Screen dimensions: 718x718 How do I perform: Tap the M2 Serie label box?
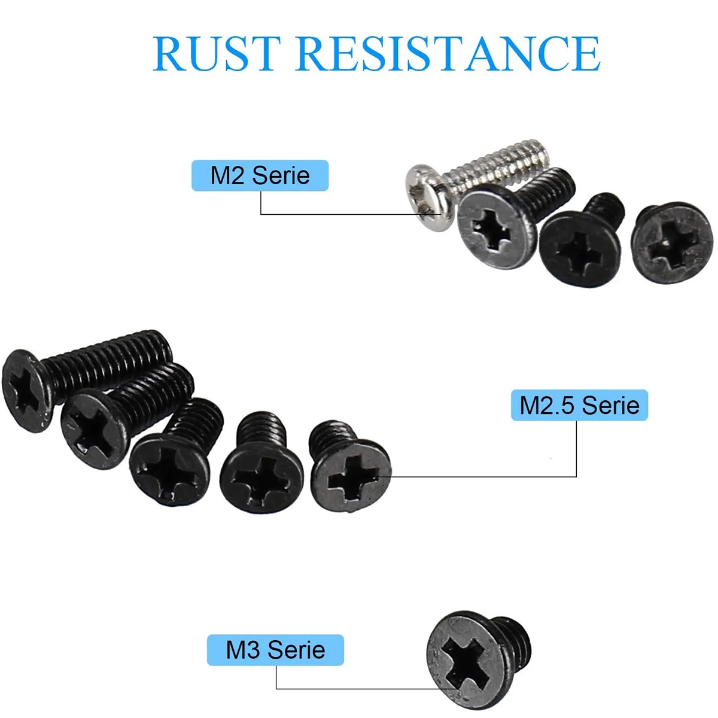tap(260, 175)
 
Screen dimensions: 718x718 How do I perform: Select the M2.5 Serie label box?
tap(579, 405)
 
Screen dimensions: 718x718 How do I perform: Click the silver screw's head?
tap(429, 197)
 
